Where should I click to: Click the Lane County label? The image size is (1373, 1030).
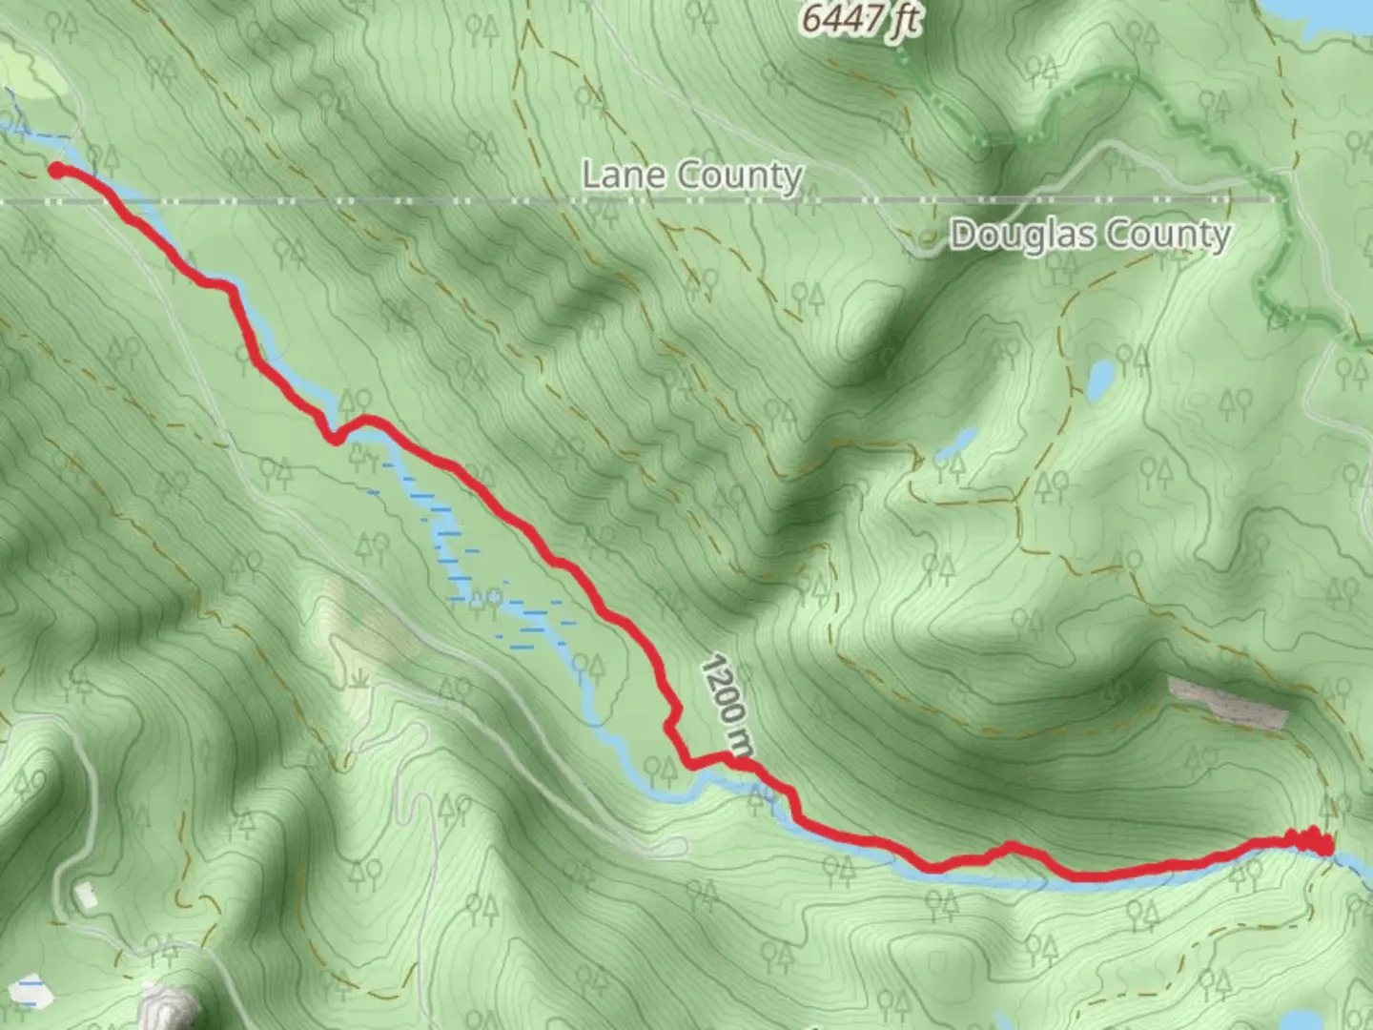coord(691,176)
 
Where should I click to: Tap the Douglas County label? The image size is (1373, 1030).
coord(1090,235)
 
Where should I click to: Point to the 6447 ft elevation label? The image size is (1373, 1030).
coord(860,19)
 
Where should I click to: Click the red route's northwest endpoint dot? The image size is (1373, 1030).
coord(56,170)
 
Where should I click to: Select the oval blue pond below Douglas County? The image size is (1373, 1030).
coord(1100,381)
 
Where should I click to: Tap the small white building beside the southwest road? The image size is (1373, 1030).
coord(86,896)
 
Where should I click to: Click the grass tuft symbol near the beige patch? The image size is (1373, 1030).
coord(359,679)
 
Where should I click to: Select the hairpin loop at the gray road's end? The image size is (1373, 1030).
coord(679,845)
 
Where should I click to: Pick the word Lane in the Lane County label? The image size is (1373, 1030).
coord(616,176)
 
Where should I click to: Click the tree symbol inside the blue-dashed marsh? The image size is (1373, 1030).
coord(484,600)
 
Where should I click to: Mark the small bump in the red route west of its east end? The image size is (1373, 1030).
coord(1008,847)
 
